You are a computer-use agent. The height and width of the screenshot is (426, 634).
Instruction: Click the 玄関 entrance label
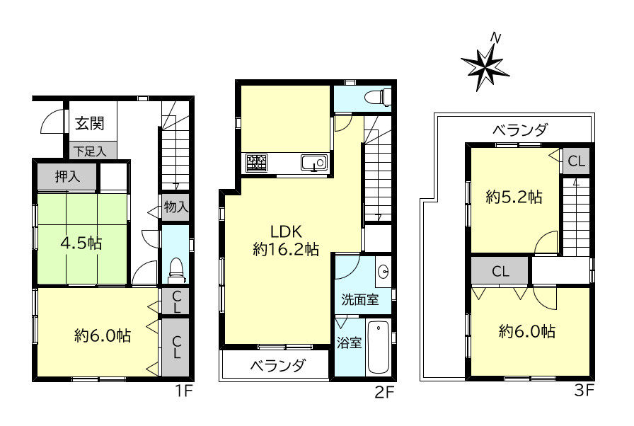coord(90,123)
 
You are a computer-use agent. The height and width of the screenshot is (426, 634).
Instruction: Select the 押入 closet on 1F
coord(67,176)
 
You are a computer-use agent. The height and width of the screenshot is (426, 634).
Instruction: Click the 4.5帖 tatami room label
coord(81,243)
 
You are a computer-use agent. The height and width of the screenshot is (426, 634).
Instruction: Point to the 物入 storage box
coord(175,207)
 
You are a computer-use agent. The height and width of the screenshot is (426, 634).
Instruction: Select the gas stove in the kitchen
coord(256,163)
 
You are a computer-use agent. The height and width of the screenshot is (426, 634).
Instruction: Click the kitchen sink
coord(314,163)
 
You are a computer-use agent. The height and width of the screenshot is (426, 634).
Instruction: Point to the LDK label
coord(286,231)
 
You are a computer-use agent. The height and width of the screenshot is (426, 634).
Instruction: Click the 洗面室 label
coord(360,299)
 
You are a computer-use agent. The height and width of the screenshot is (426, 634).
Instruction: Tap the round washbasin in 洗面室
coord(383,271)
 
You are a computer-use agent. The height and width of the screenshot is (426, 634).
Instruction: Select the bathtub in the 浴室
coord(378,347)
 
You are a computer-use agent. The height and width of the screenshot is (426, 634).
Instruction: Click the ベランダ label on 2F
coord(277,365)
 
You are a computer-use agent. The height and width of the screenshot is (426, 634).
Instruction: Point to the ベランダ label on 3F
coord(519,130)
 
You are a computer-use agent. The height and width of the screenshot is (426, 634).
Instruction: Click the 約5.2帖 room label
coord(514,197)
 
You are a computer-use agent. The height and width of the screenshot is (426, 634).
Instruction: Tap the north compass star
coord(485,67)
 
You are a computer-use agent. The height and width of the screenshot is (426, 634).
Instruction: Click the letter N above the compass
coord(495,38)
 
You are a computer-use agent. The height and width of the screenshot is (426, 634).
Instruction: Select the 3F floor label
coord(584,391)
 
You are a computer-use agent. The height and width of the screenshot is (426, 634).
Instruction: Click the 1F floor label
coord(183,391)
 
